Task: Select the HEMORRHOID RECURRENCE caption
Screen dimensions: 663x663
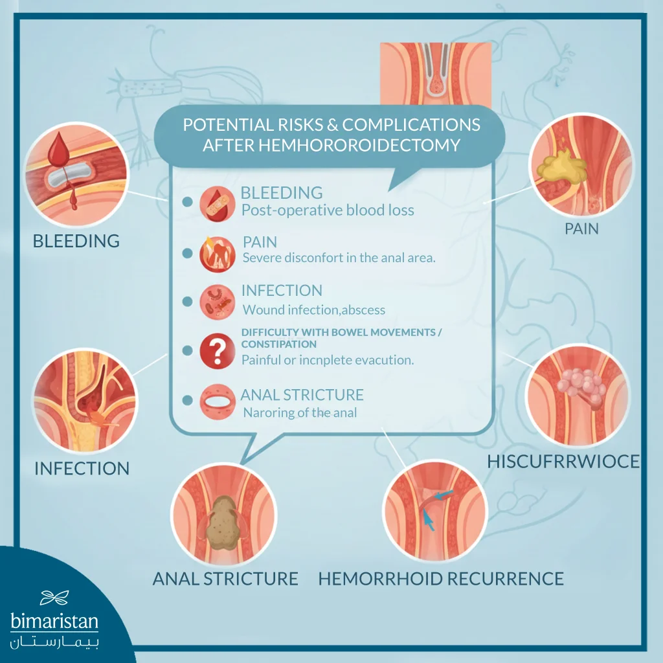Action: tap(441, 578)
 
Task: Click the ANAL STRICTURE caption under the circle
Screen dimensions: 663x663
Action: tap(225, 578)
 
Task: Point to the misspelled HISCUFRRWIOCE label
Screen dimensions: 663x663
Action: tap(563, 461)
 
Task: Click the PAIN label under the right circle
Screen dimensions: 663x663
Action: tap(581, 229)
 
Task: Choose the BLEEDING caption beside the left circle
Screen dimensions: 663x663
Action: tap(76, 242)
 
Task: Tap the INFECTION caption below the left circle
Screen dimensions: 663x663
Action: tap(82, 468)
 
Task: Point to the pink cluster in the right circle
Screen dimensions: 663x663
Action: tap(584, 387)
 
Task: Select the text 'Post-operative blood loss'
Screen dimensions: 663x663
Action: tap(328, 210)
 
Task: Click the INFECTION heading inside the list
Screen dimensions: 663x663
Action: tap(282, 291)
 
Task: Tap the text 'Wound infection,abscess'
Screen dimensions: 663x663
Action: tap(313, 309)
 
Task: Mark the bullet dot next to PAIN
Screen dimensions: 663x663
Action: tap(188, 253)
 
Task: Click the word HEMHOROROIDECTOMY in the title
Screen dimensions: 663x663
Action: tap(331, 145)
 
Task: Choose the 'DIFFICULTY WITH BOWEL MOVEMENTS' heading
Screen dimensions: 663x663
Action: tap(341, 333)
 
